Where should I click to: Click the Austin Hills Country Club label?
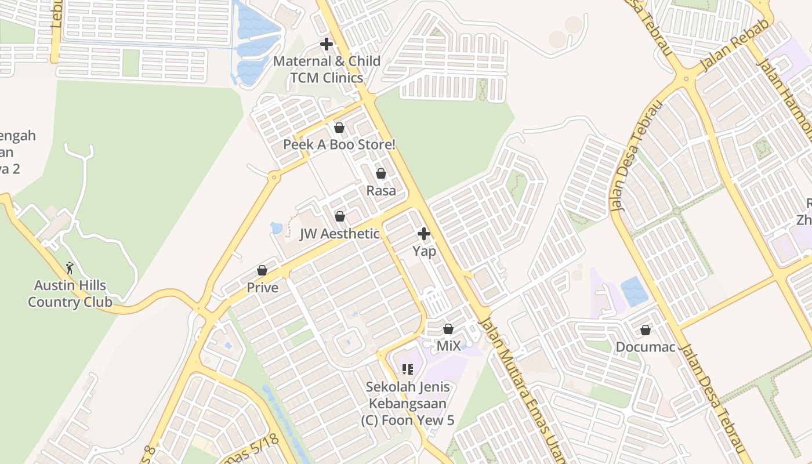coord(70,293)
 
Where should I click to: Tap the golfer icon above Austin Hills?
coord(70,268)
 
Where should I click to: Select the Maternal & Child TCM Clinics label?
coord(327,69)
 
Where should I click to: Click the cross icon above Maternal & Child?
coord(327,43)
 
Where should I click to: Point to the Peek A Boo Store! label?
coord(339,144)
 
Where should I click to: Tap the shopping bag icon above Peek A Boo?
coord(339,127)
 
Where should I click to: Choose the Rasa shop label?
coord(381,190)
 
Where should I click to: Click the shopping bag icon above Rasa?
coord(381,173)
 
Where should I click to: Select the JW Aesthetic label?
coord(339,234)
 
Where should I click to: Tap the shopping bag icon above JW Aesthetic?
coord(340,216)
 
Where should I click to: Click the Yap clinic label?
coord(424,251)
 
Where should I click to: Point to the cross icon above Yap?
coord(424,234)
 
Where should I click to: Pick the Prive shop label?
coord(262,288)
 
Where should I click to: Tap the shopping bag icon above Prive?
coord(262,270)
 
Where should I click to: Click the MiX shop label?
coord(448,346)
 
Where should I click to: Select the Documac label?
coord(646,347)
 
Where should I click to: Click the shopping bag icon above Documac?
coord(646,330)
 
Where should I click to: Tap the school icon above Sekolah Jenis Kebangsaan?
coord(407,369)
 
